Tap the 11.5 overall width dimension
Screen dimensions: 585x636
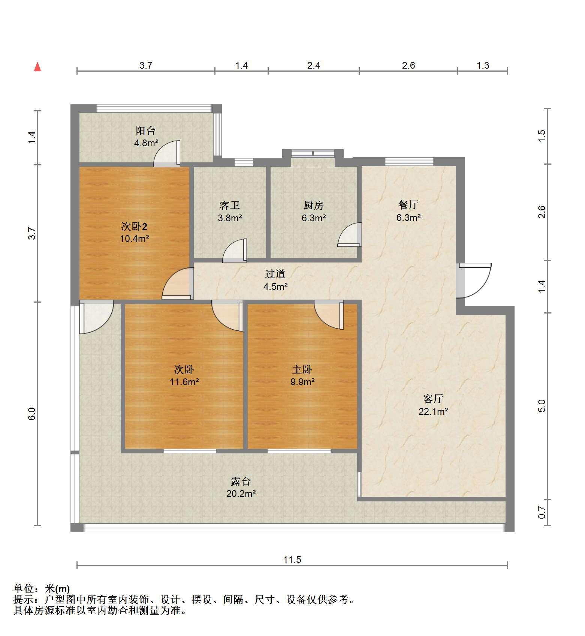click(x=292, y=560)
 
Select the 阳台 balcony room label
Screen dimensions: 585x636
click(x=145, y=131)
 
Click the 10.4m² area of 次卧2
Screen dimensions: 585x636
click(x=135, y=238)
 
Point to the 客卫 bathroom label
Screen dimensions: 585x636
click(x=230, y=205)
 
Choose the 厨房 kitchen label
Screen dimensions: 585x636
click(x=314, y=205)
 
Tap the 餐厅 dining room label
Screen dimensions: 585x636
click(x=408, y=205)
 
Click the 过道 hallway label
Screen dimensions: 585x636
click(x=275, y=274)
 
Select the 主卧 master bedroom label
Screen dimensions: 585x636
click(x=302, y=370)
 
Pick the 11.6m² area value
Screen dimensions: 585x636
click(x=184, y=382)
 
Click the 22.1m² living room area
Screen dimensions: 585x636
click(x=434, y=411)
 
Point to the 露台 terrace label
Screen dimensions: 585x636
click(x=241, y=481)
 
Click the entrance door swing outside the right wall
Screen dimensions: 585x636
click(x=474, y=280)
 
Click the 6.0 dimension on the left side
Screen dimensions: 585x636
click(x=32, y=413)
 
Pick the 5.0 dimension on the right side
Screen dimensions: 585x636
click(x=542, y=406)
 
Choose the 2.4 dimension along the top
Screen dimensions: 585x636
click(x=314, y=66)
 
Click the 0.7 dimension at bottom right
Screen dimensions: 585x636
click(x=542, y=512)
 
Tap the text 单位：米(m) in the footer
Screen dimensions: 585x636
click(x=42, y=589)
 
